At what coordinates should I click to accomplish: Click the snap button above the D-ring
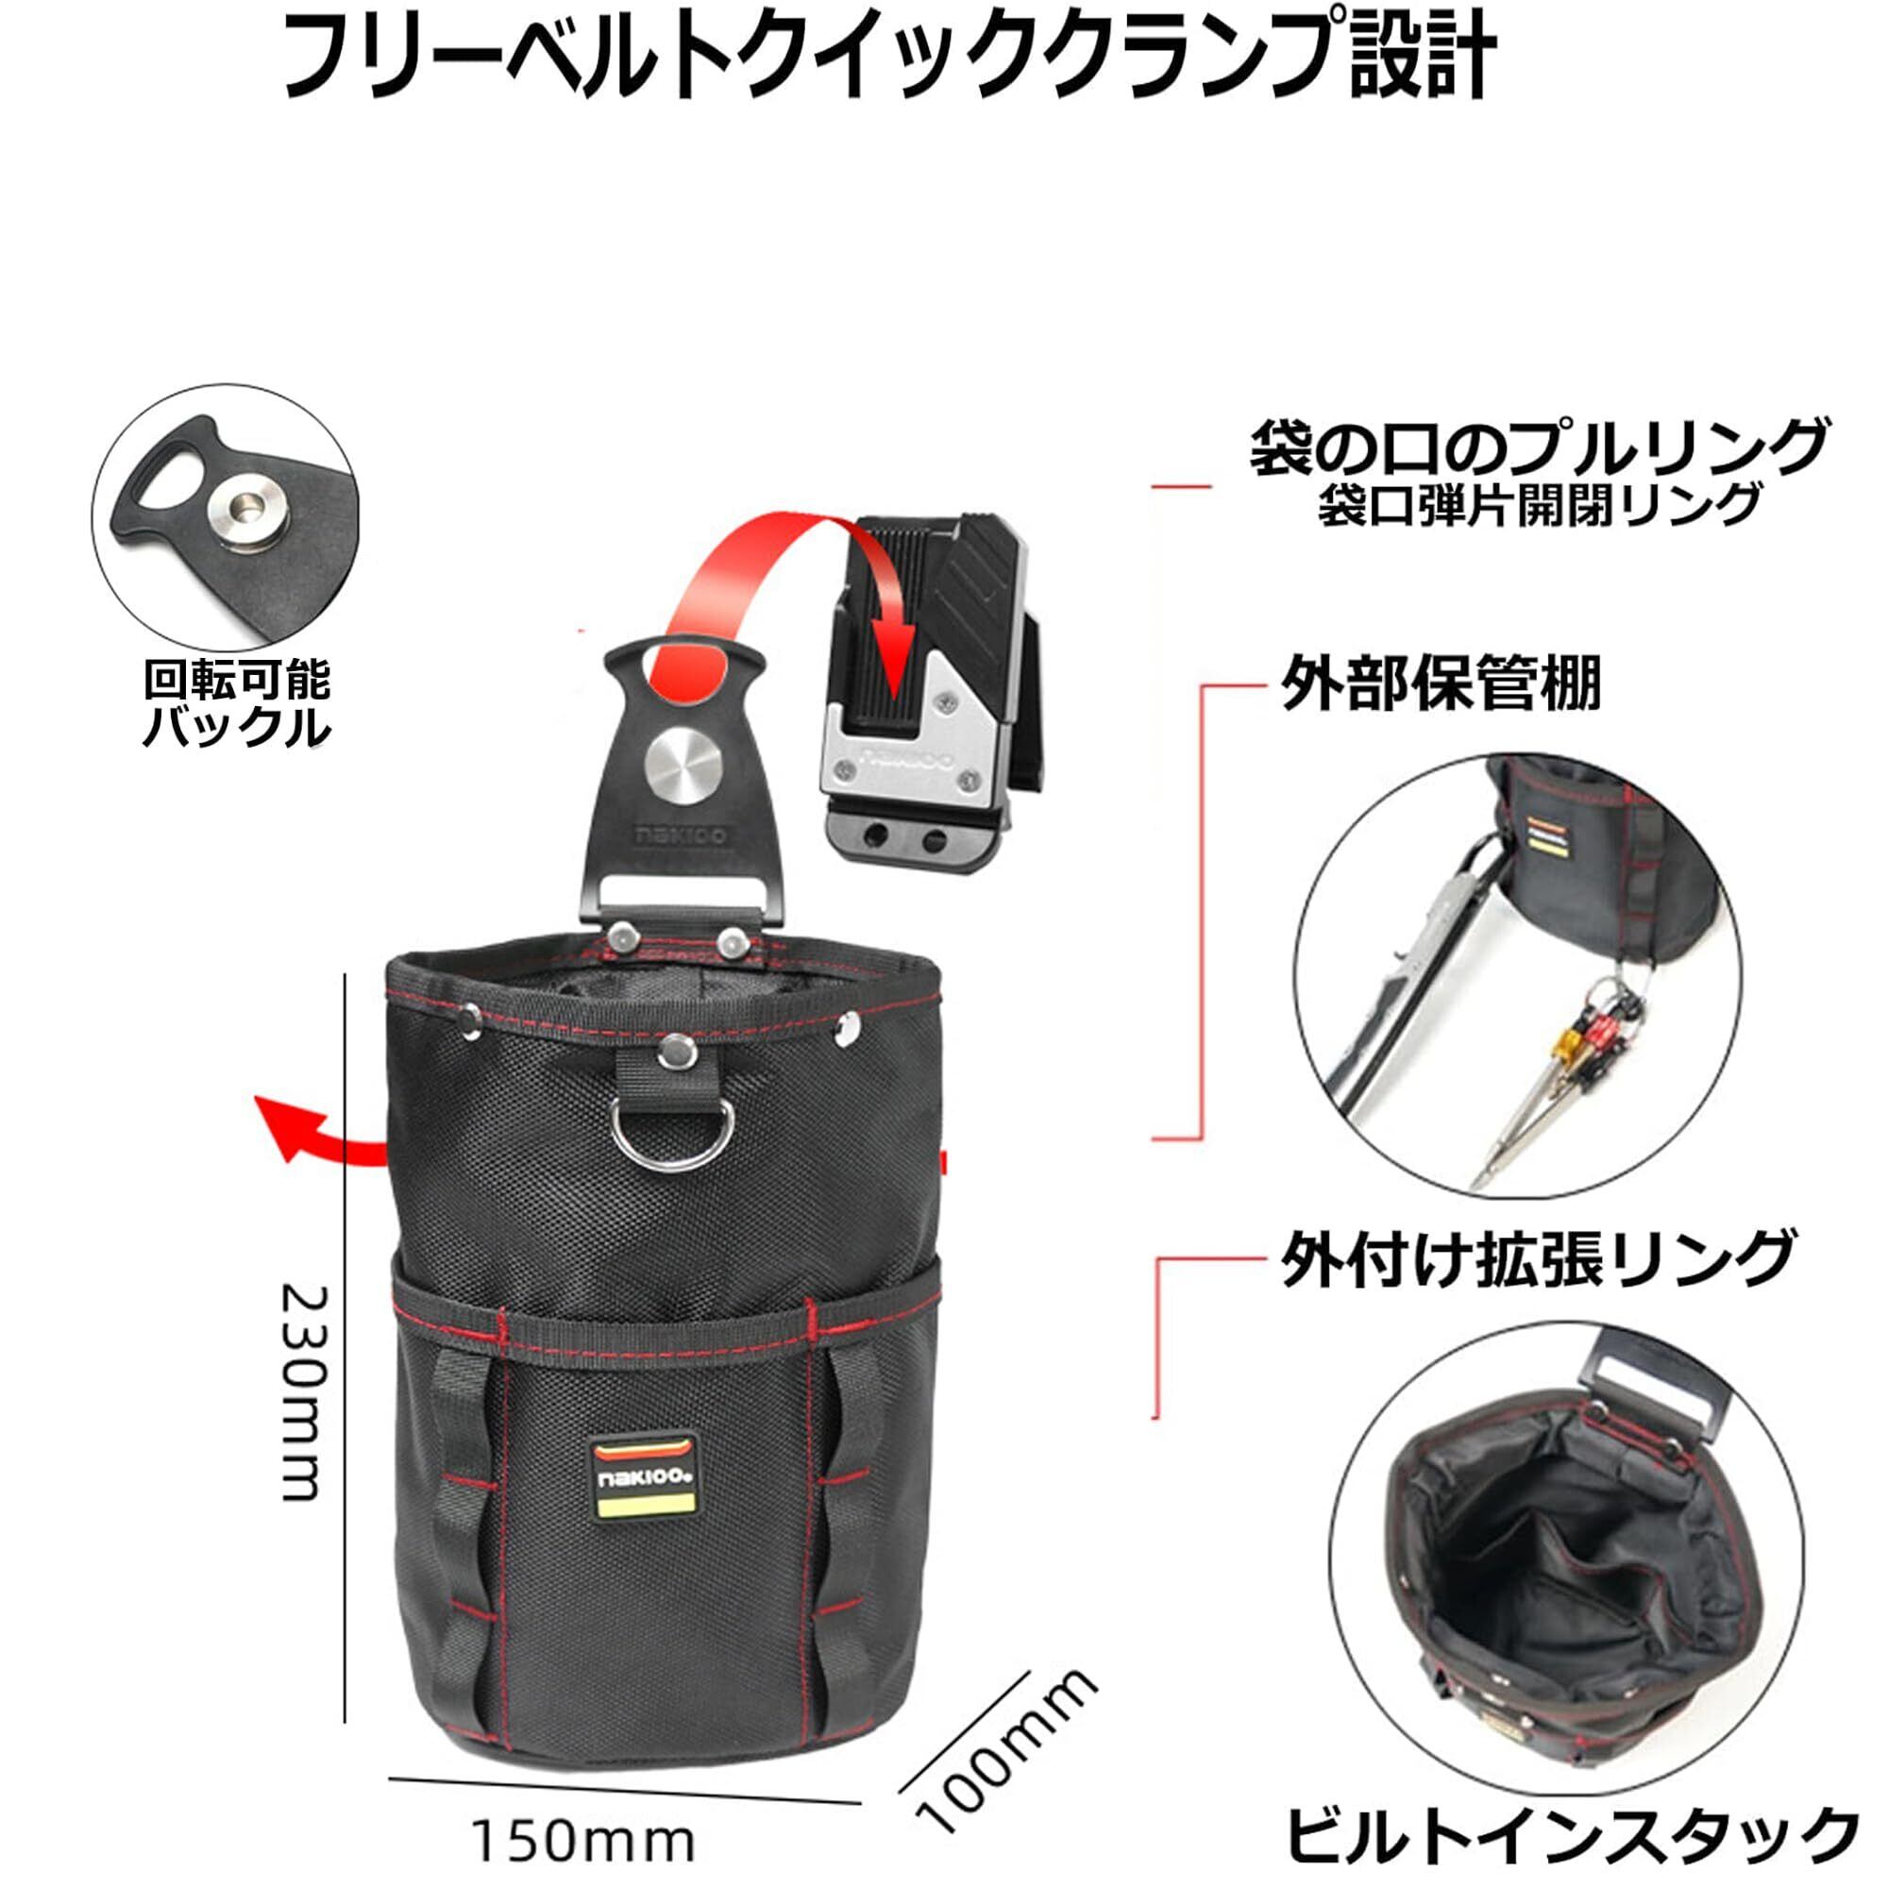click(x=671, y=1051)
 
